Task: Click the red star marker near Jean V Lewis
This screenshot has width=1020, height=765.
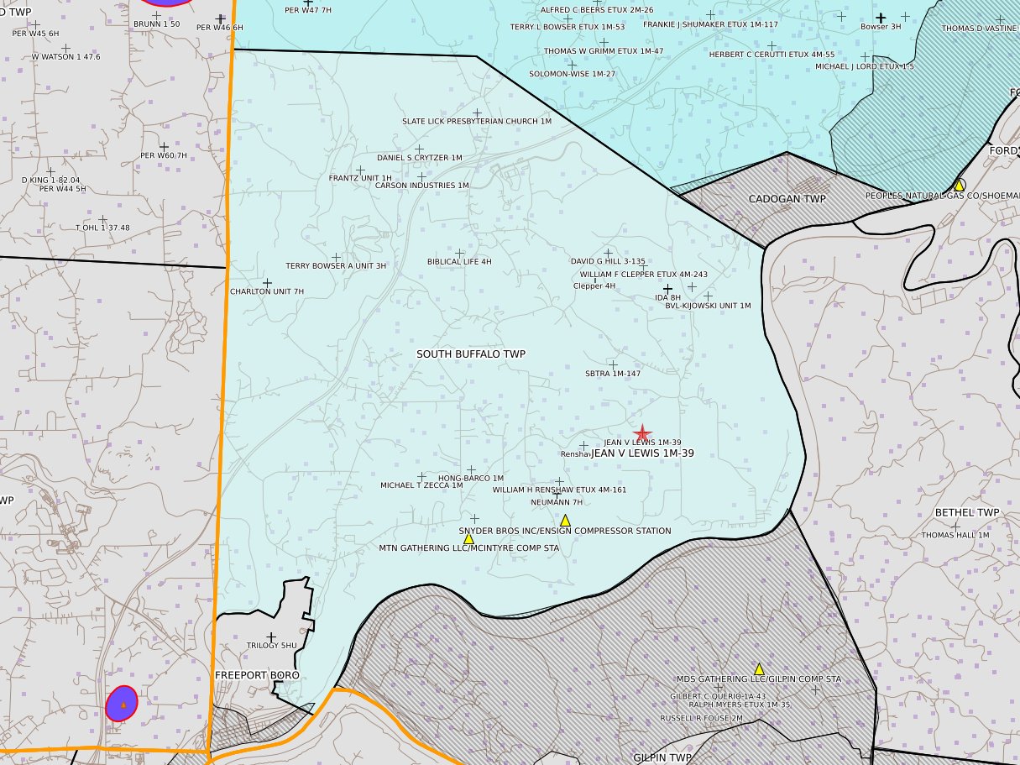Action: pos(642,433)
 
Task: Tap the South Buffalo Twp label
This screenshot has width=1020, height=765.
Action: pos(471,354)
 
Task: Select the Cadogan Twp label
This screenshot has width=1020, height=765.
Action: pos(787,199)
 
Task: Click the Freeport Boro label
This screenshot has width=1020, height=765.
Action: pos(257,675)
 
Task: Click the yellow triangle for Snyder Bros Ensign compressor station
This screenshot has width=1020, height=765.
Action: pos(565,521)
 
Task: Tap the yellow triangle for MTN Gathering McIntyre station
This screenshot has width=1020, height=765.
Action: pos(468,538)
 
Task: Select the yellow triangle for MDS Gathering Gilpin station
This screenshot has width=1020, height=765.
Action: pos(759,669)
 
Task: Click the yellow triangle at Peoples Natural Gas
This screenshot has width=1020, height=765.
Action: pos(958,185)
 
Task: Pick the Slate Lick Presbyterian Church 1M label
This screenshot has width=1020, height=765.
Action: pos(476,122)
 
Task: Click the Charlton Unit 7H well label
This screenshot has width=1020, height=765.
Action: pos(267,291)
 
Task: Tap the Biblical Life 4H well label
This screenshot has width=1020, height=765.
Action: pos(459,262)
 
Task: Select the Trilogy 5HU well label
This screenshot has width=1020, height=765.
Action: pos(271,646)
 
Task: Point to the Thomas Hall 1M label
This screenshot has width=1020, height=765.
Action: pos(955,535)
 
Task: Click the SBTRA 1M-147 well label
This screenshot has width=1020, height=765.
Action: pos(613,374)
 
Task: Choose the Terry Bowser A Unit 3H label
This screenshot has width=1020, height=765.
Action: pos(336,266)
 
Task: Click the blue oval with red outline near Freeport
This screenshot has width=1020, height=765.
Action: pos(123,704)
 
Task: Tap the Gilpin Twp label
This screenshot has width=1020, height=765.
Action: pos(662,757)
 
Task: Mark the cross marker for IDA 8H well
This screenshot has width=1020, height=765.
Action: pos(668,289)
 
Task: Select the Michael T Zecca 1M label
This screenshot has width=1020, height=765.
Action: pos(421,485)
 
